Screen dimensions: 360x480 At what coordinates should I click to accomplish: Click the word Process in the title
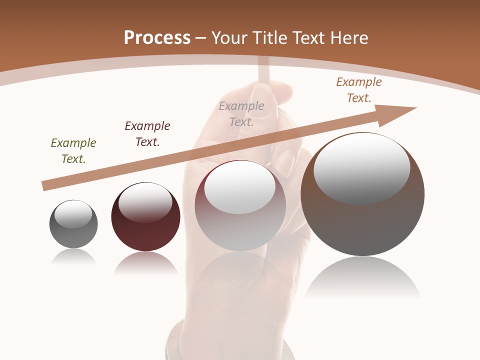pos(157,38)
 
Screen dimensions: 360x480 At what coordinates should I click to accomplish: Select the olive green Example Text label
pos(73,151)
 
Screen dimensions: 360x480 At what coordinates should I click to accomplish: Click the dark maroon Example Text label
pos(147,134)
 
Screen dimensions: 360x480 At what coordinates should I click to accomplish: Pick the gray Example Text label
pos(241,114)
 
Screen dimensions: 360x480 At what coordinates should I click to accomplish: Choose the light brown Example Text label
pos(359,90)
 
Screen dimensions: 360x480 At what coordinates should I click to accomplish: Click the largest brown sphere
pos(362,225)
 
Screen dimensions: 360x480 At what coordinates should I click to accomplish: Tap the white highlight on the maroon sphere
pos(145,202)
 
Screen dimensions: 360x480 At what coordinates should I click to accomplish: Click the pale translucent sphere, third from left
pos(240,230)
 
